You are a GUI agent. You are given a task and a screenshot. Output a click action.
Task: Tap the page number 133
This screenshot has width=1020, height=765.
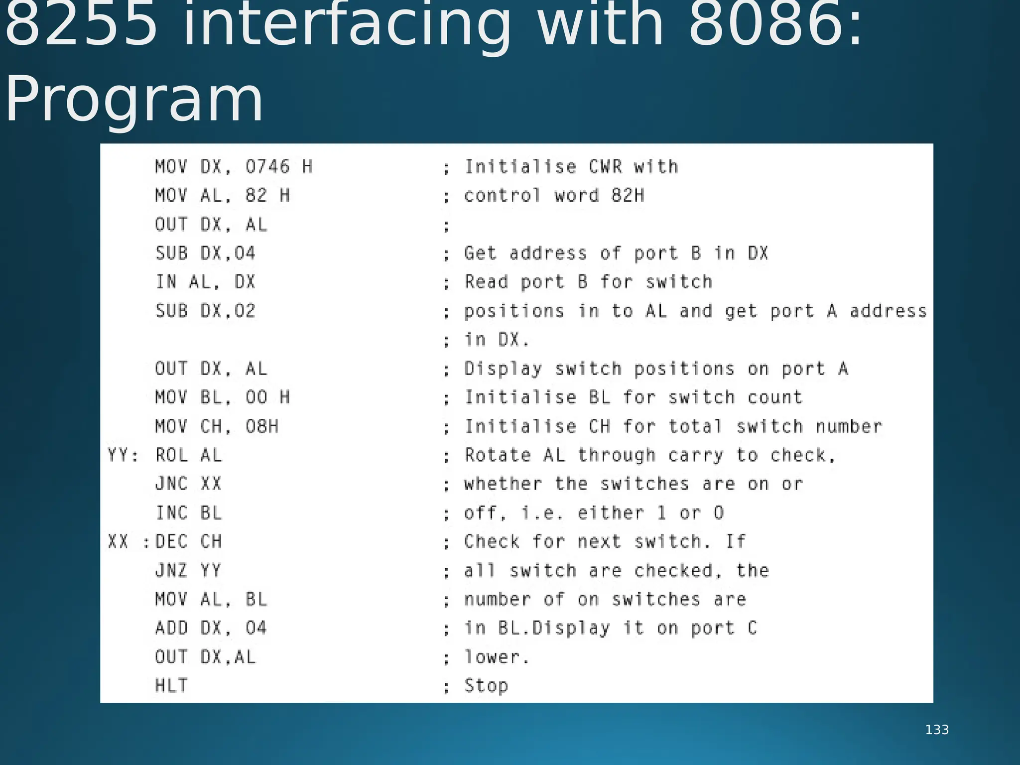tap(937, 730)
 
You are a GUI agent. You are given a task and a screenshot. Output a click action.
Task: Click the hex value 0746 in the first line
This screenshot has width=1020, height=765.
tap(267, 166)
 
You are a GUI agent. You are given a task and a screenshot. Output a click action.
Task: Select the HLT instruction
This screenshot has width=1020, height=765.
tap(171, 686)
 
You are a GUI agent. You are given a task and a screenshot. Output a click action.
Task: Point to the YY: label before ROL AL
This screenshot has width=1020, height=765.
tap(123, 455)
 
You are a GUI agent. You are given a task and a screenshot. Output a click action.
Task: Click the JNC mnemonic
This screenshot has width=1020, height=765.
tap(171, 484)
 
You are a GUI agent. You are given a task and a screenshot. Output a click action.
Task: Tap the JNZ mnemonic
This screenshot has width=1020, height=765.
tap(171, 570)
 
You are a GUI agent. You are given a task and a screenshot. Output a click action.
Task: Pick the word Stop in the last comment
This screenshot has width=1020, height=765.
tap(486, 686)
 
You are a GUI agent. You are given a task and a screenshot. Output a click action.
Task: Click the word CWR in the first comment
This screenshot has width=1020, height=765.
tap(605, 166)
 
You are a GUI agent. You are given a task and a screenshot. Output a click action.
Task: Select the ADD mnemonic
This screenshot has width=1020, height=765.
tap(171, 628)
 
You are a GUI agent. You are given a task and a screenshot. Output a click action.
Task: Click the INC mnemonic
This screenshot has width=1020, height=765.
tap(171, 512)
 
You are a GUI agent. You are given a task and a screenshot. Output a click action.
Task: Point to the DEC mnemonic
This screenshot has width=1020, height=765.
tap(171, 541)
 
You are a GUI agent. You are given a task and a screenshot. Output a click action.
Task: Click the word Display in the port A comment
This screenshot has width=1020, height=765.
tap(503, 369)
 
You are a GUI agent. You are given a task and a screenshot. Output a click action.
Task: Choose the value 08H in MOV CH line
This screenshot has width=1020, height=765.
tap(262, 426)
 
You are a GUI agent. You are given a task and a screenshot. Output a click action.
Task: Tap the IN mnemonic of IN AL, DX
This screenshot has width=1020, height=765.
tap(166, 282)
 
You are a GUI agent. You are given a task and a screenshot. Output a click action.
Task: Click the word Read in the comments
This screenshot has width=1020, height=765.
tap(487, 282)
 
